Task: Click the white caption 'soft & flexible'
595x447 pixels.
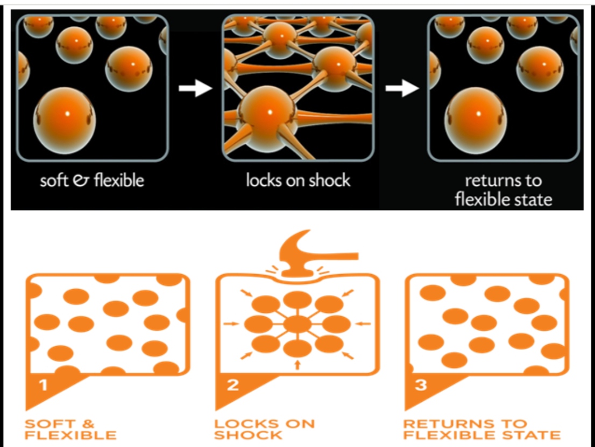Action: (x=92, y=180)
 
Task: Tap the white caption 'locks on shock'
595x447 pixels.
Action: (x=298, y=180)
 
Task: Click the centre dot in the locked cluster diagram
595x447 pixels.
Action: (x=297, y=324)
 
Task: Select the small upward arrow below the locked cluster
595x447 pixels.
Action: (x=297, y=366)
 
